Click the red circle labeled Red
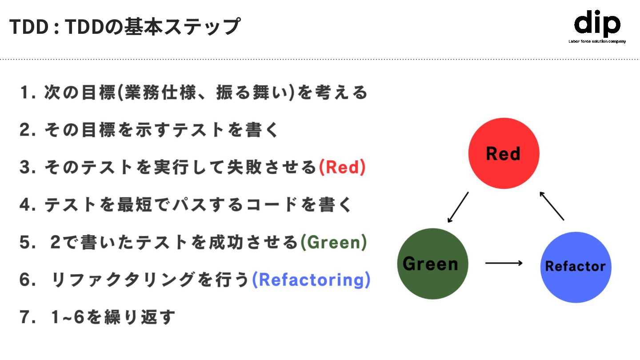504,153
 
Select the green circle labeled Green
432,264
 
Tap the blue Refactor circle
576,267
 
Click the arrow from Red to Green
458,207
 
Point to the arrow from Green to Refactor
504,263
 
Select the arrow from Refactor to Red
552,206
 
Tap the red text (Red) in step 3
342,167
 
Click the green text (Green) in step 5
334,242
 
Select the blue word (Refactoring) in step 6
311,280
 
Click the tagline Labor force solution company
597,41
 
